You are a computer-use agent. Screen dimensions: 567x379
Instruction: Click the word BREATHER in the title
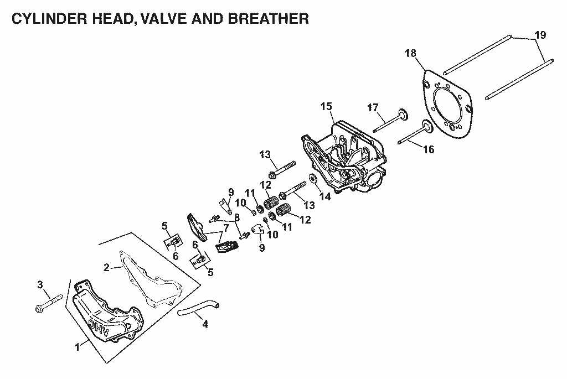click(269, 19)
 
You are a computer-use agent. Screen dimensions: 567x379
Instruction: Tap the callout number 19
click(540, 35)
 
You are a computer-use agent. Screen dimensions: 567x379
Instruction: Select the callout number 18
click(411, 53)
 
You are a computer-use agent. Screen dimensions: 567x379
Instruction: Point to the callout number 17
click(373, 107)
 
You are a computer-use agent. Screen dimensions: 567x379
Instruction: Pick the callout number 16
click(429, 149)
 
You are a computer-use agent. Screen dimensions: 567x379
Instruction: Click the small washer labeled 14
click(312, 179)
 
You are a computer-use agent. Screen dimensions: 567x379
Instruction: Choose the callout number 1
click(77, 347)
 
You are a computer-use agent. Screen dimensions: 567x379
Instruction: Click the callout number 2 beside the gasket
click(106, 268)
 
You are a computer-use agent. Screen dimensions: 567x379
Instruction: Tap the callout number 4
click(205, 324)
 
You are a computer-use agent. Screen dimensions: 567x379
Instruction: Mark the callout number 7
click(226, 229)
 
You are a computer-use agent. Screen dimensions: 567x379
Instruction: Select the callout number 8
click(237, 218)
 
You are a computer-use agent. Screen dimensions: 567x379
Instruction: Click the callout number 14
click(326, 196)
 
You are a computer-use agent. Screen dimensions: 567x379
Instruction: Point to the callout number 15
click(326, 107)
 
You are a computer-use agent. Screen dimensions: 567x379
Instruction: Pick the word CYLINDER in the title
click(49, 19)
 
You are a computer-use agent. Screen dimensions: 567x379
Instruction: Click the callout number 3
click(40, 285)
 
